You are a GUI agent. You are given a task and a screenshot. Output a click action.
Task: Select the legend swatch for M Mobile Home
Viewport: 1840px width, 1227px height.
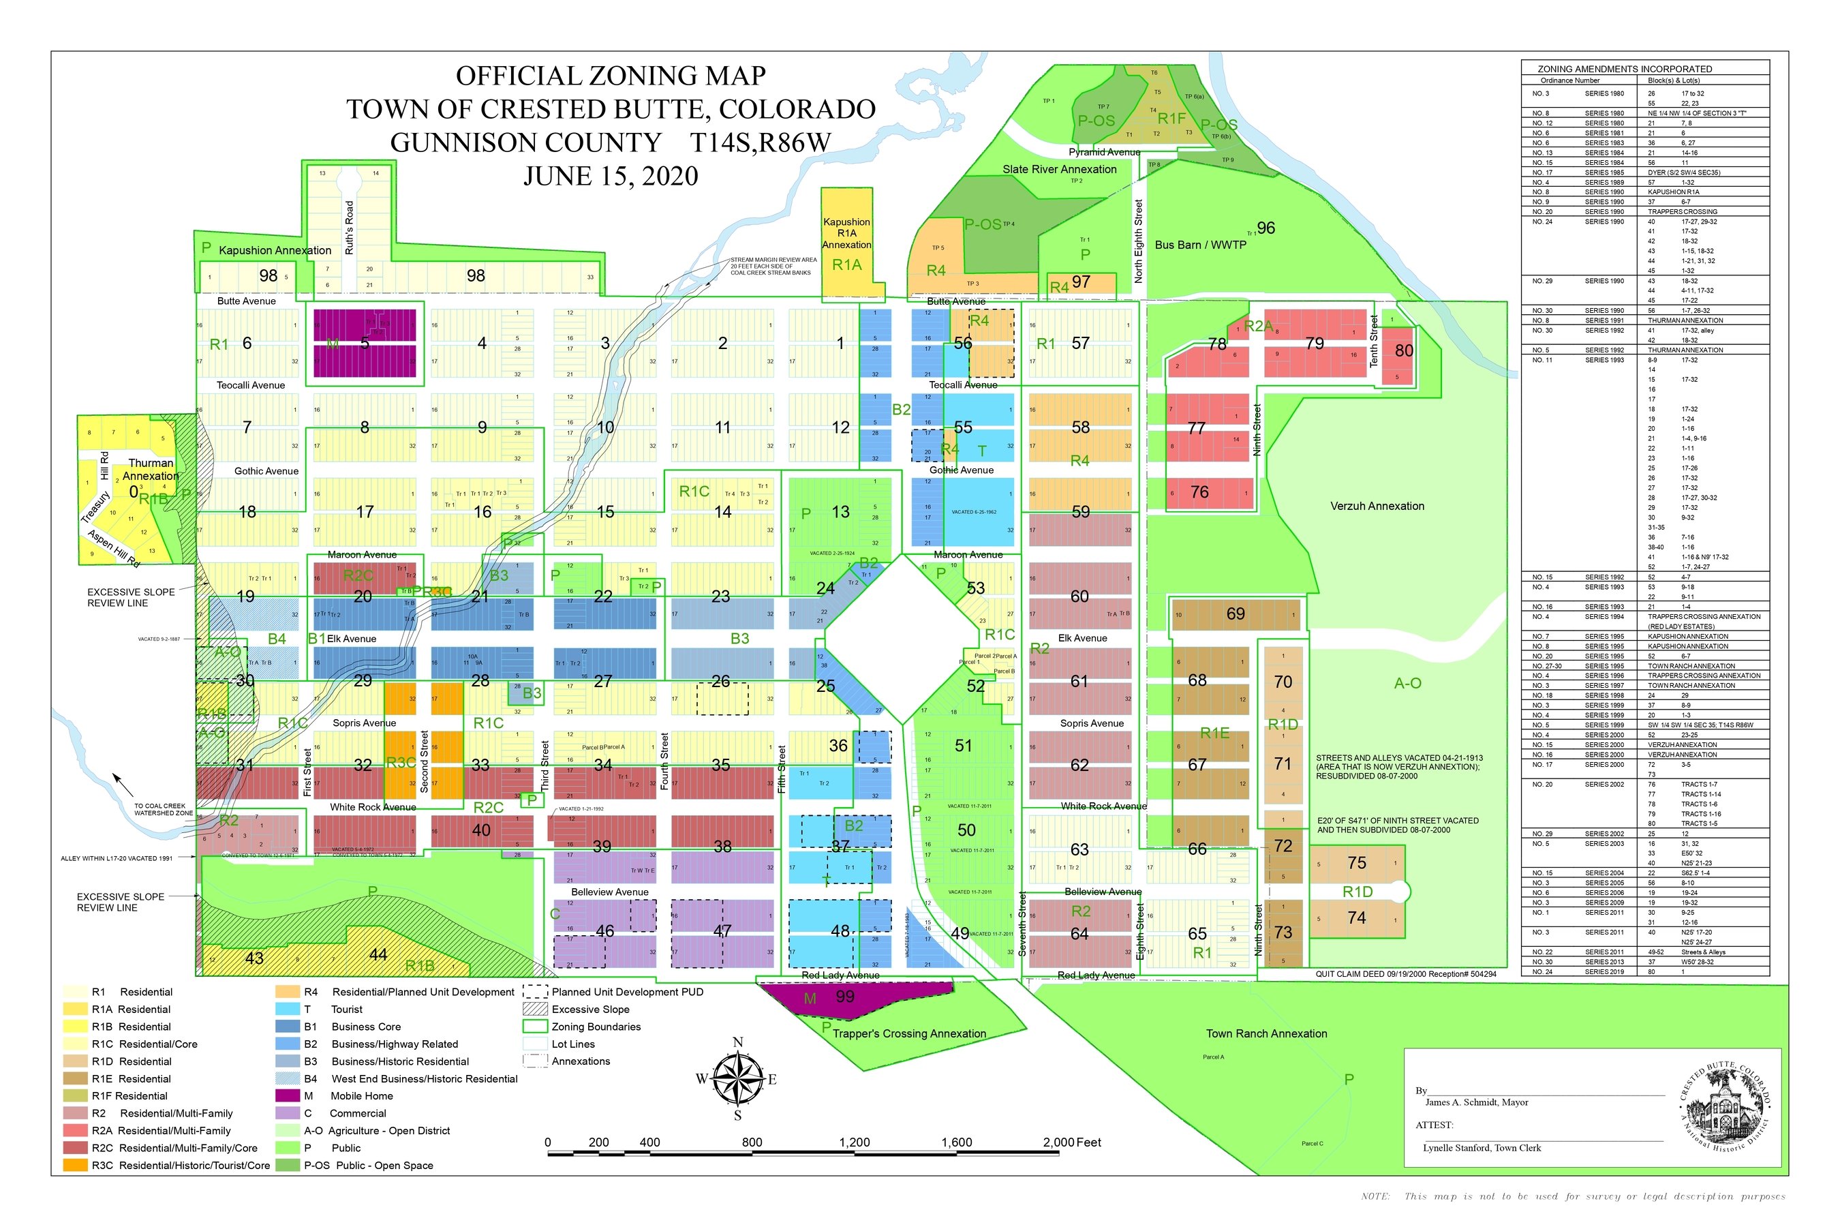pos(287,1095)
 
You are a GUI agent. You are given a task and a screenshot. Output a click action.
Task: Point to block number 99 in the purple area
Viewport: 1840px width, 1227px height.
pos(845,996)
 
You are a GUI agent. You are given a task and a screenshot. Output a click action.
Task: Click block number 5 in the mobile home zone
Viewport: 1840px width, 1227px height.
pos(365,343)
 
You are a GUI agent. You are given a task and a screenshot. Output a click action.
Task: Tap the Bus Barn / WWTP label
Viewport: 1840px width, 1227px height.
pos(1200,245)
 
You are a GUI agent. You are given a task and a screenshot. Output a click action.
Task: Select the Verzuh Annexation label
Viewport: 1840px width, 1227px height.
pos(1377,506)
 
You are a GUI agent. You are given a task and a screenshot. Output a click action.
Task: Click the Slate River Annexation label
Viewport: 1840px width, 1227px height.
pos(1059,169)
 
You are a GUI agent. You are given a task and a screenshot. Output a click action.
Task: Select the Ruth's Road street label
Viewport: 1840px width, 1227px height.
pos(349,227)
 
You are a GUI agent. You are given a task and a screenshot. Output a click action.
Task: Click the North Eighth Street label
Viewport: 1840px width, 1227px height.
pos(1138,241)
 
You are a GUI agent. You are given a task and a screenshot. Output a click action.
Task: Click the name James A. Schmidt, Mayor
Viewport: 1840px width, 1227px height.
pos(1476,1102)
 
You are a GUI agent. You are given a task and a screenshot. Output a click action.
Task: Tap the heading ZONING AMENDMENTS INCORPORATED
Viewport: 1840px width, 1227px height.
pos(1624,69)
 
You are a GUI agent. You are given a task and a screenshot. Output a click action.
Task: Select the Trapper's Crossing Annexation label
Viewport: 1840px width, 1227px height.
pos(908,1033)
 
